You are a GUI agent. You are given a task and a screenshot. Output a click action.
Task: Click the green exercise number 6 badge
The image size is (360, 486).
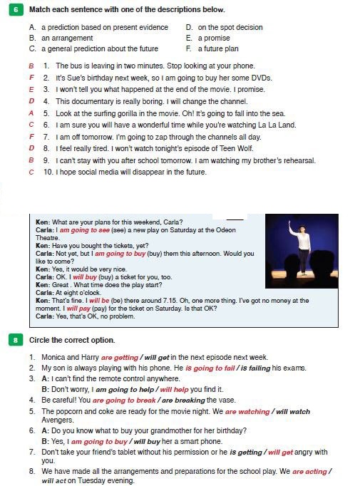16,9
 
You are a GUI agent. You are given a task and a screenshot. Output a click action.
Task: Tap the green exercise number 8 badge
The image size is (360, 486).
16,340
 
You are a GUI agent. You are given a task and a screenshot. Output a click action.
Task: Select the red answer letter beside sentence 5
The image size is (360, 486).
31,113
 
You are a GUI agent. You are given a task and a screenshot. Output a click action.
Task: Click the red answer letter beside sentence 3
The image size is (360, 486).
31,90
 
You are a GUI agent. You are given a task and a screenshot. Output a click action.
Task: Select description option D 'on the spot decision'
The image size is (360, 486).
224,27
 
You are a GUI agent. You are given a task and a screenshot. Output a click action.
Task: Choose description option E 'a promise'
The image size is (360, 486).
208,38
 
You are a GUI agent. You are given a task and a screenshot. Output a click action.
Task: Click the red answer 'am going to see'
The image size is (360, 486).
84,230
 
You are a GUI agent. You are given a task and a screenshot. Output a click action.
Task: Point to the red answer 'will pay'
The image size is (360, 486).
78,309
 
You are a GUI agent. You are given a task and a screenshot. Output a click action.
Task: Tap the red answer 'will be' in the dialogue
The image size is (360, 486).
99,300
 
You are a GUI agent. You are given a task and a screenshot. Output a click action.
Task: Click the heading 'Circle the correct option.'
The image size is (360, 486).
72,340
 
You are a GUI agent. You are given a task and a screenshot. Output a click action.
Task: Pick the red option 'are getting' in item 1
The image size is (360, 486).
119,357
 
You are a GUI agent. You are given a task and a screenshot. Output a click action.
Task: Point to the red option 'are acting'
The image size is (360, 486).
309,472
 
